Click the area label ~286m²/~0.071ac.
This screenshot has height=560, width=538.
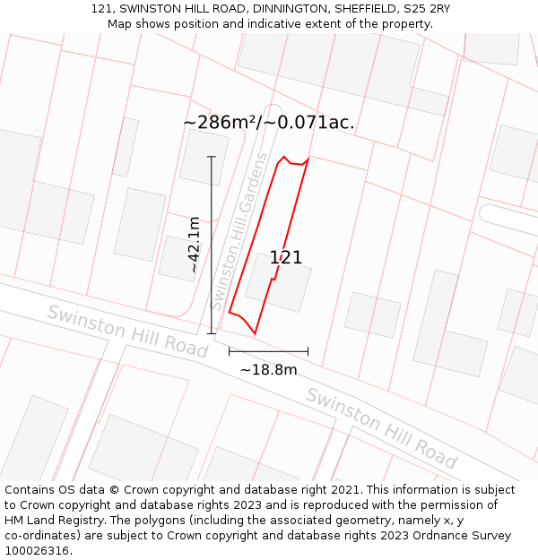(268, 123)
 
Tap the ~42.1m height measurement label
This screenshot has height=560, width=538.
(194, 244)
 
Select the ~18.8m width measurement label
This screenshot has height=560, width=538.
(268, 369)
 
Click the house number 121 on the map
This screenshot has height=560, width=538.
(285, 258)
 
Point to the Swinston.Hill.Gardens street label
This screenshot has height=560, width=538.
(239, 231)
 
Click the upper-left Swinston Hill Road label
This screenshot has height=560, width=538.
(126, 331)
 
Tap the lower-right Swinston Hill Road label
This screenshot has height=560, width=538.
(381, 427)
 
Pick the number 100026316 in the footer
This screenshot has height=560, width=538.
(38, 550)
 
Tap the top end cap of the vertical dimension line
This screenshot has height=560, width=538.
(212, 157)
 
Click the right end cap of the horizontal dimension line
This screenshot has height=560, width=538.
(308, 351)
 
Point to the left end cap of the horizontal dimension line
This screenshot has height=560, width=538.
(229, 351)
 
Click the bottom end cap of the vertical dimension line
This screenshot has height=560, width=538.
(212, 334)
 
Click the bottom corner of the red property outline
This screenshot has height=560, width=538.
(256, 334)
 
